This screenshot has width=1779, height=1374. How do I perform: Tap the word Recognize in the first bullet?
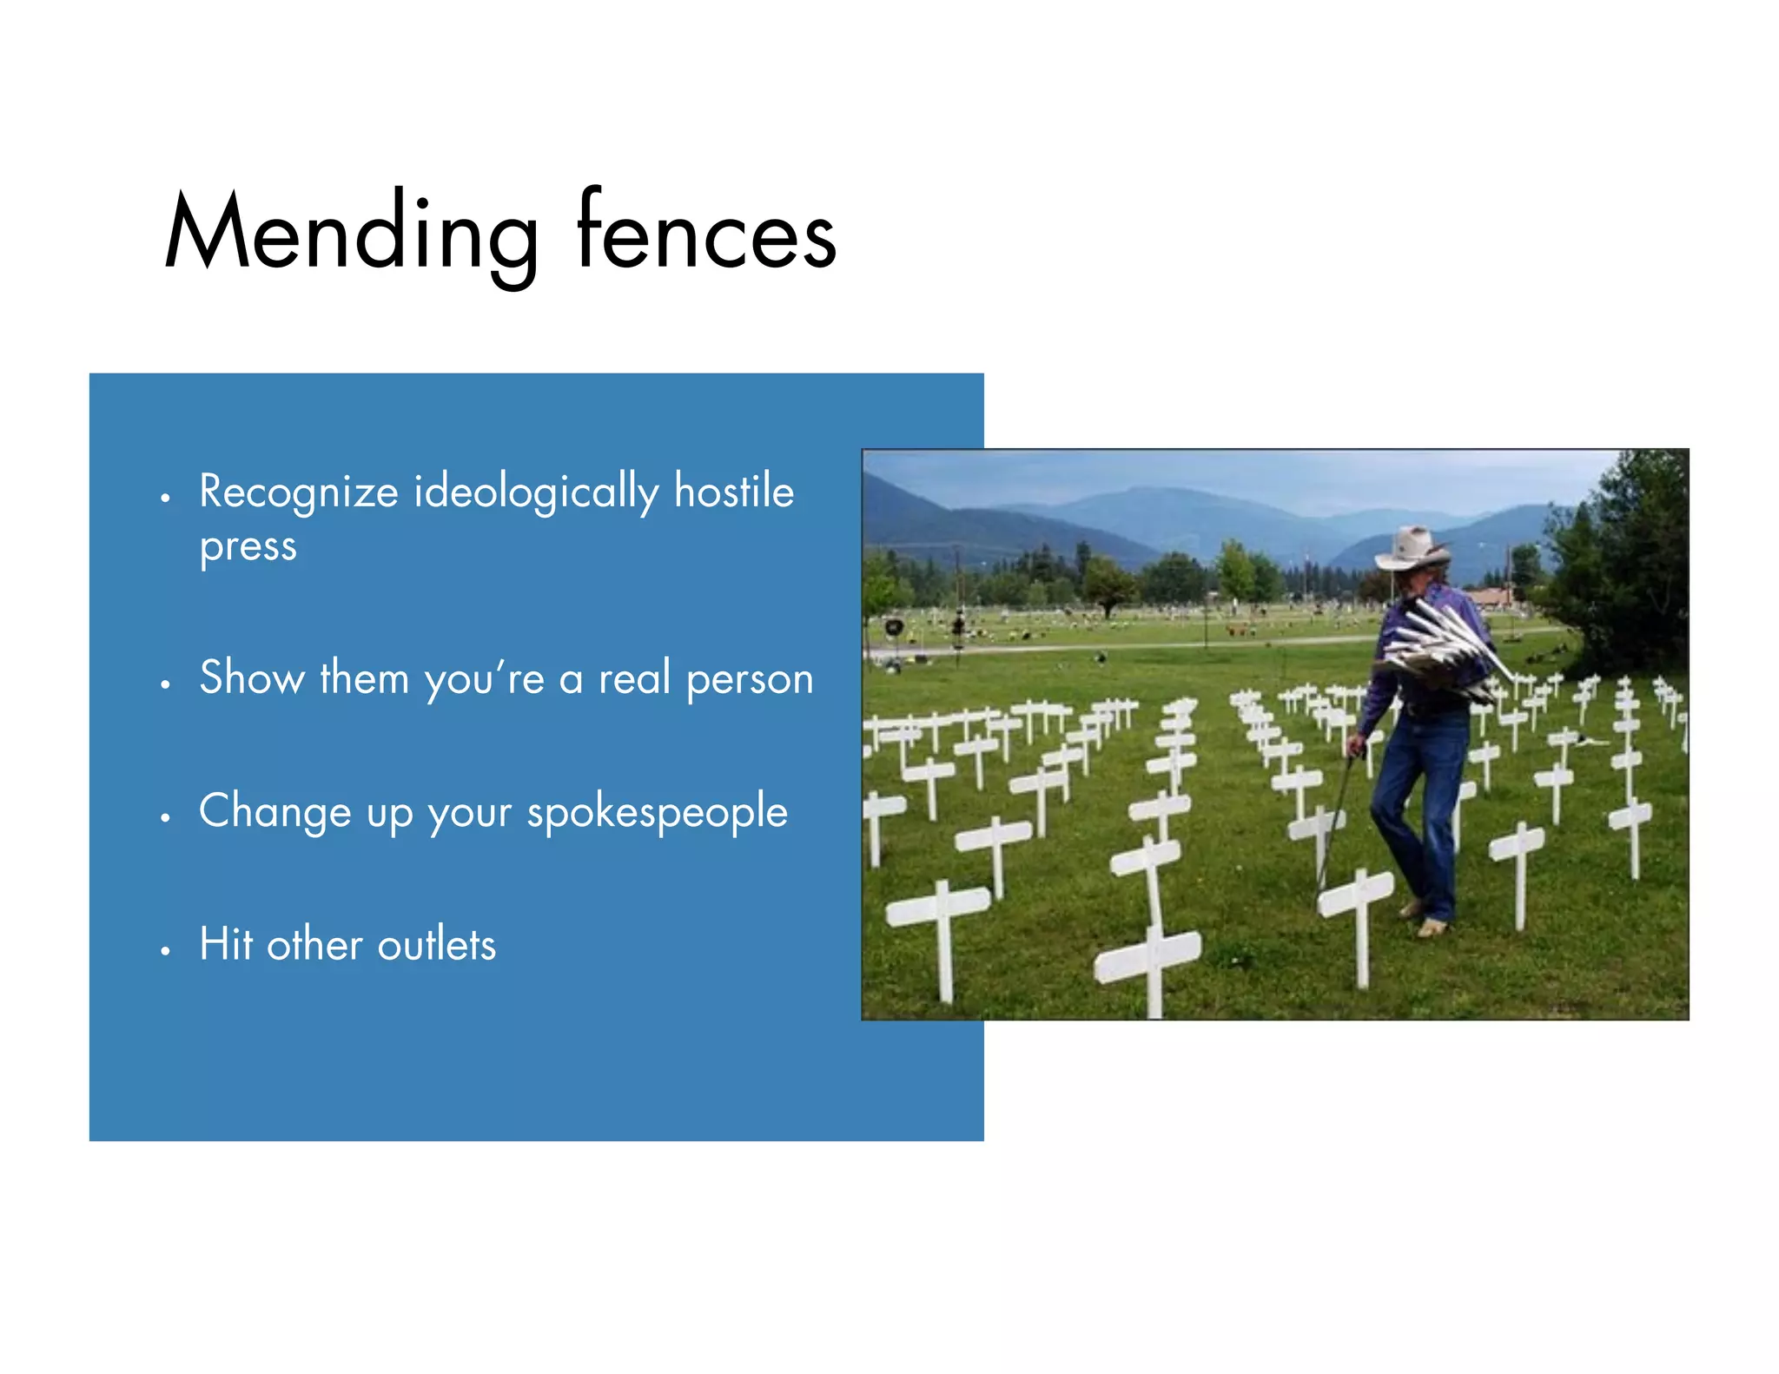(x=298, y=492)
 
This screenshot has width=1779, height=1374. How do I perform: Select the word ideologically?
(x=536, y=492)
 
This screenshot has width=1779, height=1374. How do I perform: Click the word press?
(x=248, y=547)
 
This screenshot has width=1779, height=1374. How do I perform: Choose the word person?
(x=750, y=680)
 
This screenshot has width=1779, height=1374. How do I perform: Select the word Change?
(x=274, y=811)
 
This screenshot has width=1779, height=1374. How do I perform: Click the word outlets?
(x=437, y=944)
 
